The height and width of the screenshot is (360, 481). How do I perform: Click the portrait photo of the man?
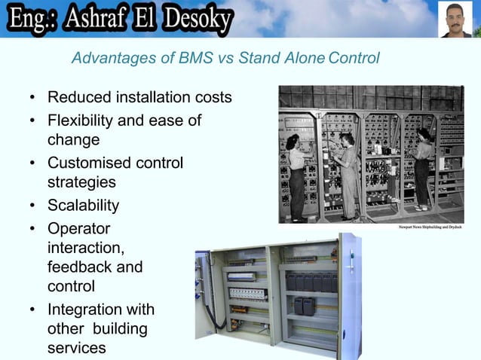455,20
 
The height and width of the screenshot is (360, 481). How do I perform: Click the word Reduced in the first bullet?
77,98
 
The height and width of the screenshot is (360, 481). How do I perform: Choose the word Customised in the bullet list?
90,163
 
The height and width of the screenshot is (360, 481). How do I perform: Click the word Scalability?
83,206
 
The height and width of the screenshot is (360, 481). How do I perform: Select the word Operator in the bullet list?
78,228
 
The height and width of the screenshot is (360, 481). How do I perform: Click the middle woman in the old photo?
348,169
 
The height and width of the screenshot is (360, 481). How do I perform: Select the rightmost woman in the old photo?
422,166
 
